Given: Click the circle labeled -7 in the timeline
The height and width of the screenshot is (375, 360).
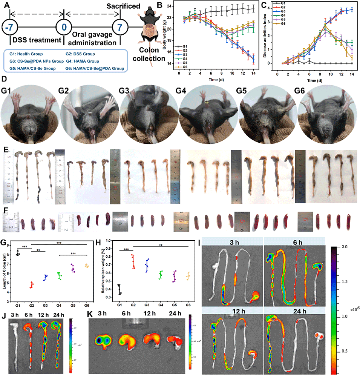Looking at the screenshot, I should pos(9,28).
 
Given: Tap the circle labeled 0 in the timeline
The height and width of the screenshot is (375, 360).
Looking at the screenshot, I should pos(64,28).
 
